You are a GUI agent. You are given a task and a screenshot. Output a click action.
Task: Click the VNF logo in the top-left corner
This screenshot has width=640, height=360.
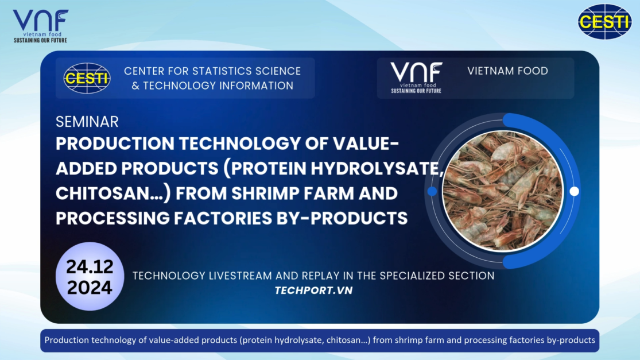[x=40, y=26]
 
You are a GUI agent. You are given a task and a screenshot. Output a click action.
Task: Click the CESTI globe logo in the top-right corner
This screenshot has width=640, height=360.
[x=604, y=21]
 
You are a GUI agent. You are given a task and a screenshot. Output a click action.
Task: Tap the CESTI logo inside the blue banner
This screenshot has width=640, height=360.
[x=87, y=78]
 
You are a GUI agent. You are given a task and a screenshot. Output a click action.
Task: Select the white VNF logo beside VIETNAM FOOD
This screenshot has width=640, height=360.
[x=416, y=78]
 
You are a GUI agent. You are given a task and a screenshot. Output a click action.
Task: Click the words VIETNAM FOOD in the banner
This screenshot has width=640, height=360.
[x=507, y=71]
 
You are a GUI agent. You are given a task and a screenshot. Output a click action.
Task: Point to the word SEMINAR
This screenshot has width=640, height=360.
[x=87, y=122]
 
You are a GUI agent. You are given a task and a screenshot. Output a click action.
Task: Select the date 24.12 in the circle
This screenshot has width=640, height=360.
[x=90, y=266]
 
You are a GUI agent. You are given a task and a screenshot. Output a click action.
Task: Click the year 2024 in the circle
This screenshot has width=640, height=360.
[x=90, y=287]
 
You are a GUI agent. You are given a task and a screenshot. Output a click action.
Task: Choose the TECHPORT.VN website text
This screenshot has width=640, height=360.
[x=313, y=290]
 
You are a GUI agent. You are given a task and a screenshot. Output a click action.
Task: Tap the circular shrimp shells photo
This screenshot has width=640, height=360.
[x=503, y=191]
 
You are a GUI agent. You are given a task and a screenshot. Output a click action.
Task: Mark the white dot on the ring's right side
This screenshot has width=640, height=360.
[x=575, y=191]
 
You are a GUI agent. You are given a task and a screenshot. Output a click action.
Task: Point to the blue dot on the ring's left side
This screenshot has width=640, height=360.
[x=432, y=191]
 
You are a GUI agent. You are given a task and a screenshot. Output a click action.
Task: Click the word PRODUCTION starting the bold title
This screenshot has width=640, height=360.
[x=115, y=144]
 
